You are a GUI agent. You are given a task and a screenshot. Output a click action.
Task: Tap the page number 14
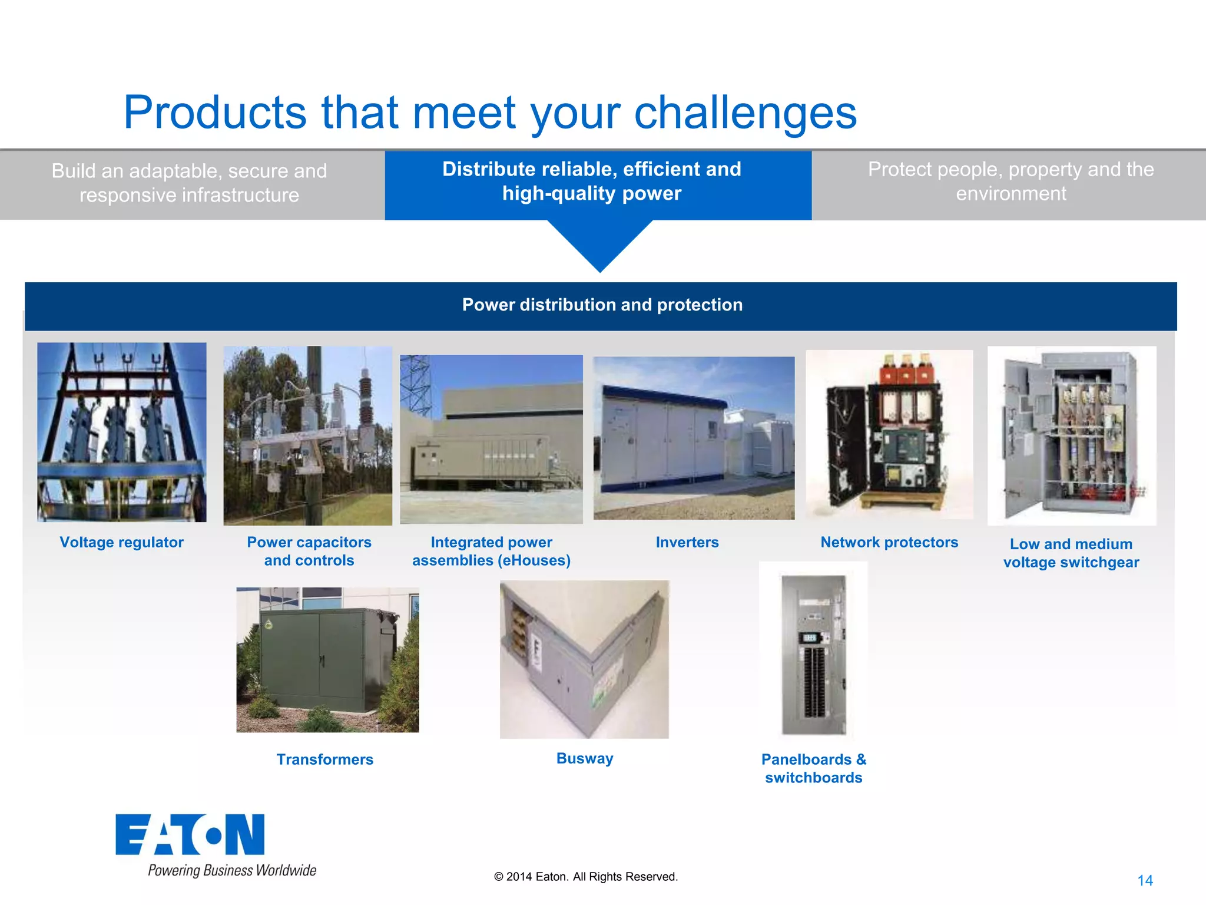(x=1145, y=880)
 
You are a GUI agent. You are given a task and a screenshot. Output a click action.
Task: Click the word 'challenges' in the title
(x=745, y=113)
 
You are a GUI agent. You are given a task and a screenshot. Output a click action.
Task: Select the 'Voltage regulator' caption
(x=121, y=542)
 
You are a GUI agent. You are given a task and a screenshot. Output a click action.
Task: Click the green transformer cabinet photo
(x=327, y=659)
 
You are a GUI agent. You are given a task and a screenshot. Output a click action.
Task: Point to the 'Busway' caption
(x=585, y=758)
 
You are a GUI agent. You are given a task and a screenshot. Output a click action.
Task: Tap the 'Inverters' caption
(x=687, y=542)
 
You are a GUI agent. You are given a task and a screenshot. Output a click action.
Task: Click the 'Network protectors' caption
(x=889, y=542)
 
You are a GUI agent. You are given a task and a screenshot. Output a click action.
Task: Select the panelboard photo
(x=813, y=654)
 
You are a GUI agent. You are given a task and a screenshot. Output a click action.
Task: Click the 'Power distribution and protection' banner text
(x=602, y=305)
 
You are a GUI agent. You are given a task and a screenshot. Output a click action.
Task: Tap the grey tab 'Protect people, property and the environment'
(x=1010, y=181)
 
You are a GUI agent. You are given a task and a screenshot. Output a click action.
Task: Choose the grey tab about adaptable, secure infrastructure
(x=189, y=183)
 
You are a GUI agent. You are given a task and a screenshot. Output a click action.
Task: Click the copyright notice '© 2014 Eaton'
(x=586, y=877)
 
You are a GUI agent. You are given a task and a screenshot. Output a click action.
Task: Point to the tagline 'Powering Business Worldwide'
(x=232, y=870)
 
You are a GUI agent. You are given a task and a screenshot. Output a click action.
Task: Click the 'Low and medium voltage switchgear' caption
(x=1071, y=553)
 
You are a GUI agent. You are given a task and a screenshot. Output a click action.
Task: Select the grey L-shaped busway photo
(x=584, y=659)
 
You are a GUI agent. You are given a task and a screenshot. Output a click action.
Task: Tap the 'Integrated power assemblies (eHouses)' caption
(x=491, y=551)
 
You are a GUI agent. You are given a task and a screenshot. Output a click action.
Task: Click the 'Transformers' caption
(x=325, y=759)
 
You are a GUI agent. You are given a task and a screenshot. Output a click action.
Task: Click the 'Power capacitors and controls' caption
(x=309, y=551)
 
